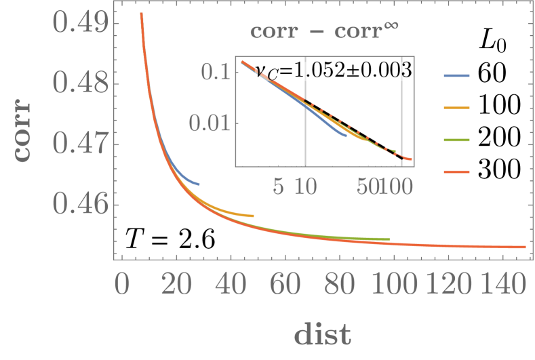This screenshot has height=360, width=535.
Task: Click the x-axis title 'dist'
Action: pos(322,333)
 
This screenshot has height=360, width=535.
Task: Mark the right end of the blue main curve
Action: pos(199,184)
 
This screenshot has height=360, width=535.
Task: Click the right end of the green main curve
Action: pos(389,239)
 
